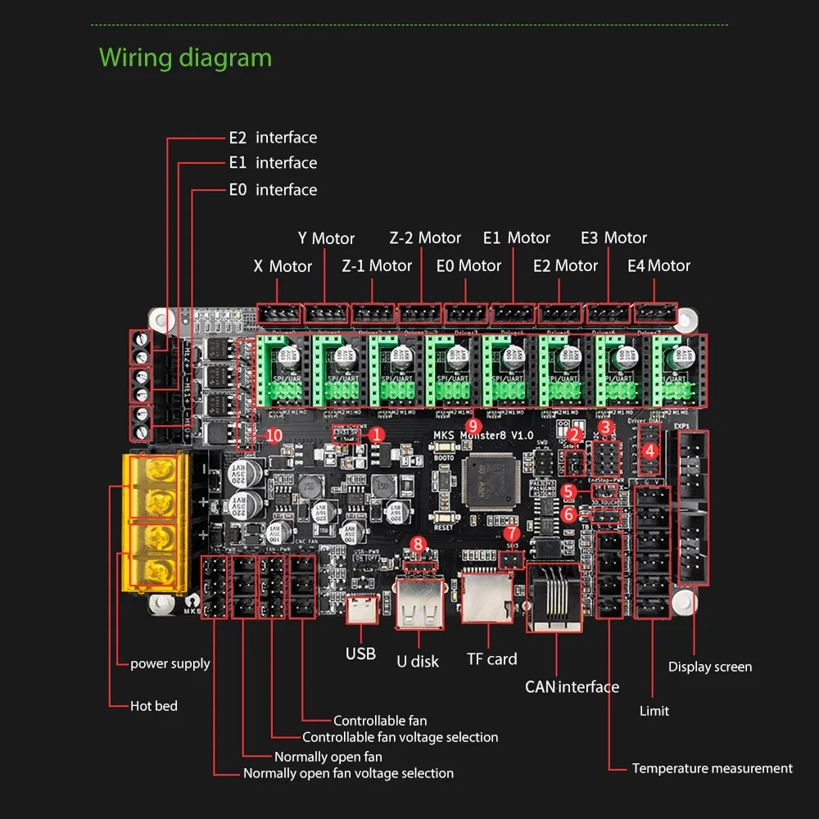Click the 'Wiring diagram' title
(185, 58)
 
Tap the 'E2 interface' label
(273, 138)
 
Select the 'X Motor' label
(283, 266)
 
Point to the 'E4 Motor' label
(658, 266)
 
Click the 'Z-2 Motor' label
(425, 238)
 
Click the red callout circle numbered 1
(376, 435)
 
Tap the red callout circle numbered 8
(419, 543)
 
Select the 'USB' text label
(360, 654)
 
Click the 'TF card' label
(491, 659)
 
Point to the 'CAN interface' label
(572, 687)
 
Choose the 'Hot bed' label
(154, 706)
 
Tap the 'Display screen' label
(709, 667)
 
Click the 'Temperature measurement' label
(712, 768)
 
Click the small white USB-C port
(360, 611)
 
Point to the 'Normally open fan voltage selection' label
(348, 773)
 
